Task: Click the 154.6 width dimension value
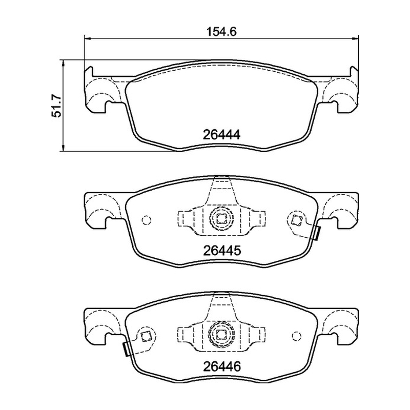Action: (x=221, y=32)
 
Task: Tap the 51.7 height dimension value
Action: (x=56, y=106)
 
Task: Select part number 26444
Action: (x=221, y=135)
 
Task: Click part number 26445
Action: (x=221, y=251)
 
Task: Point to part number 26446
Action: (x=221, y=366)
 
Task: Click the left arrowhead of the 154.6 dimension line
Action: (x=88, y=39)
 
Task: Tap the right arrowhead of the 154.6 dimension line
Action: (x=355, y=39)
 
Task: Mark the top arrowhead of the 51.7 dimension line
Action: (x=63, y=63)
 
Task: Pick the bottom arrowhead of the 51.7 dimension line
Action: (x=63, y=148)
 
